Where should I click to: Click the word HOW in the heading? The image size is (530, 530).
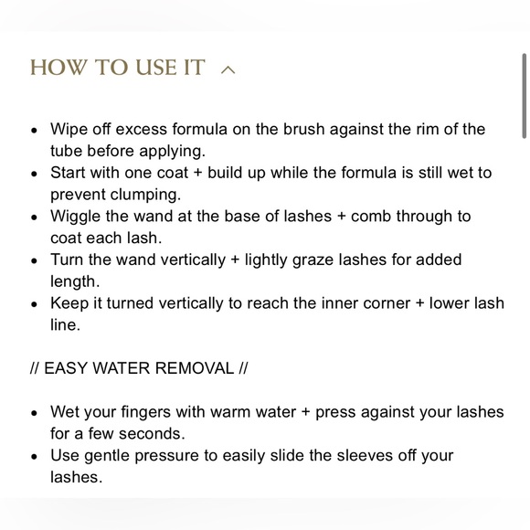[58, 67]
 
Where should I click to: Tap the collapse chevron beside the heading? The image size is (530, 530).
[228, 69]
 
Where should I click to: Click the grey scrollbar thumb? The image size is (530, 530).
[525, 96]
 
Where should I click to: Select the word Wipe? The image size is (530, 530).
[68, 130]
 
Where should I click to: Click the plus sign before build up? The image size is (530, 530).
[197, 173]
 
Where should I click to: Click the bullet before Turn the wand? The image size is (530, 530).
[34, 261]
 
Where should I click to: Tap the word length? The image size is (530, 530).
[75, 281]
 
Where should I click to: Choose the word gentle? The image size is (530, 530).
[107, 456]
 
